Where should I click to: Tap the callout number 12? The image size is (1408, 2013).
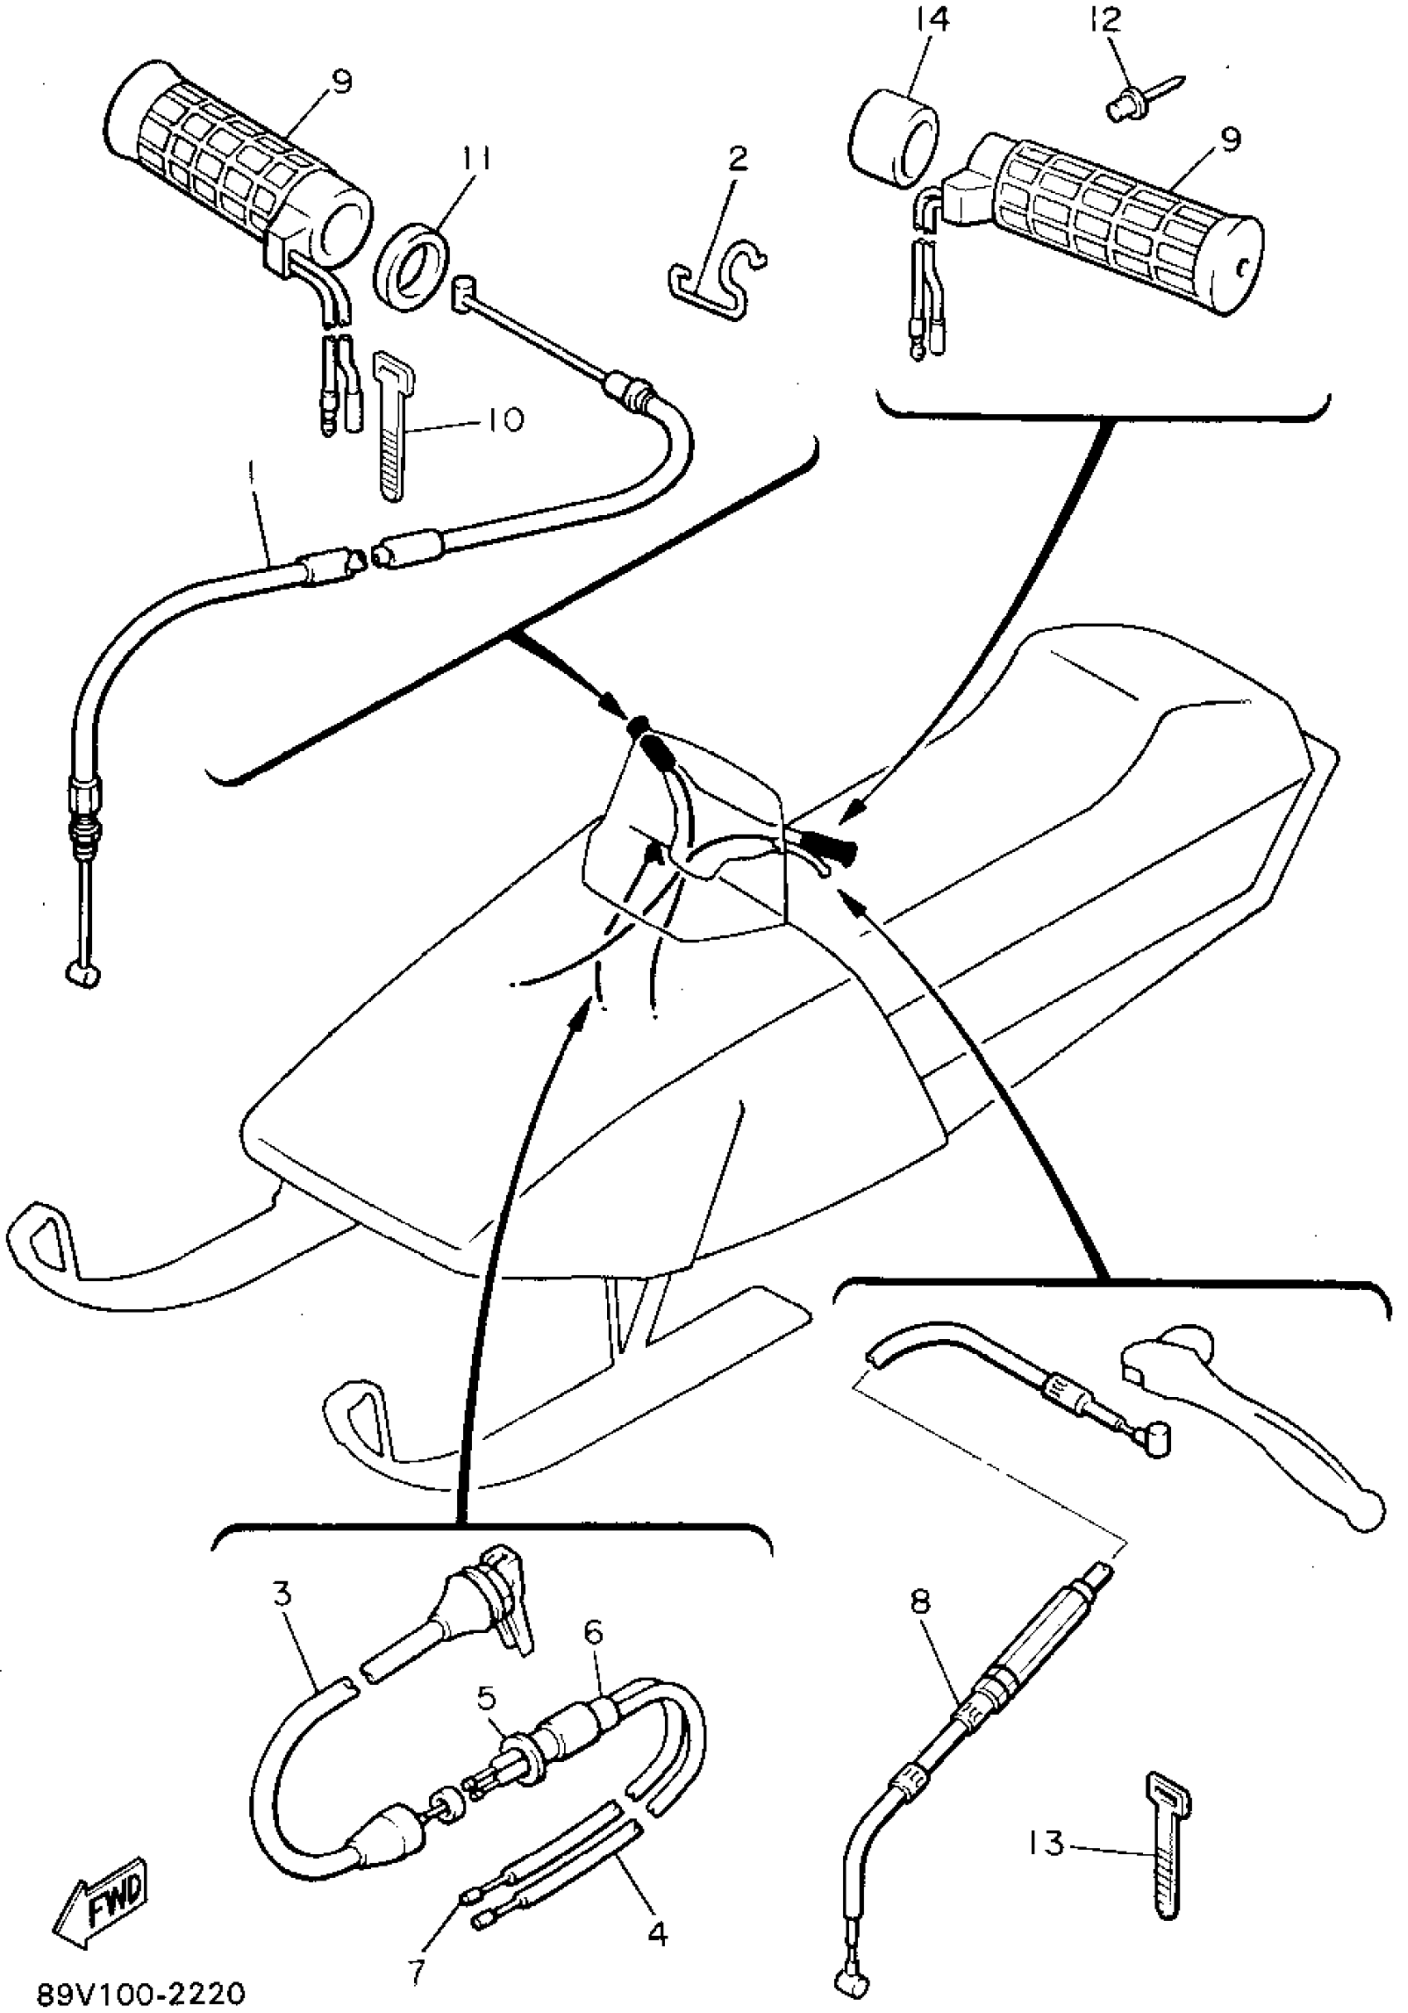pos(1107,19)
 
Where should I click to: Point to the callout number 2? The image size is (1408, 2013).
pos(737,160)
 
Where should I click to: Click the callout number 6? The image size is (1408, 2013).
pos(594,1635)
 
